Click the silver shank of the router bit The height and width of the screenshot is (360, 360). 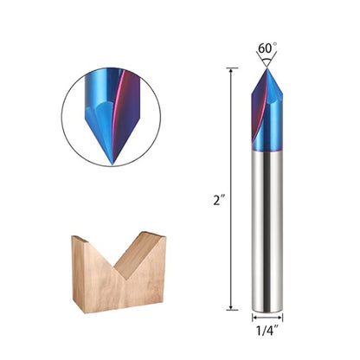(x=267, y=225)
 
